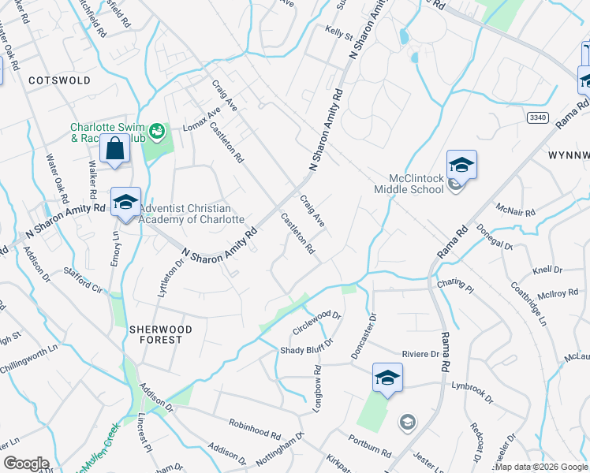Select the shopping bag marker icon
[115, 149]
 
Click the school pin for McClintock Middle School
[461, 166]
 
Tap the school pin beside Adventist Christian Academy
[125, 203]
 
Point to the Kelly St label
[338, 32]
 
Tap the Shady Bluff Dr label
[308, 346]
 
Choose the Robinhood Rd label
[255, 429]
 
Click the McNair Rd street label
[516, 210]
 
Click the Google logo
[26, 464]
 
